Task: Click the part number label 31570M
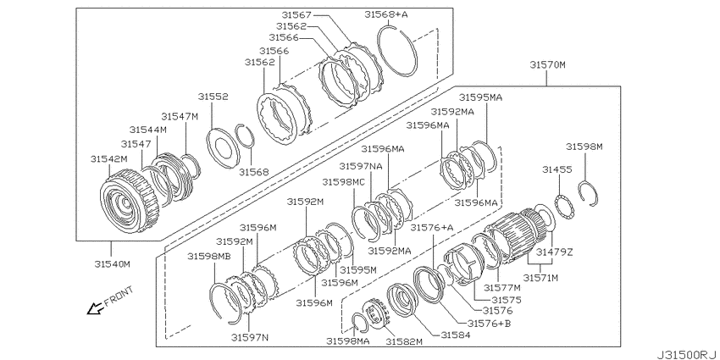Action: (547, 64)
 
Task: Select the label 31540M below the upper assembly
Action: (113, 264)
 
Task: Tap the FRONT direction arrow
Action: (95, 308)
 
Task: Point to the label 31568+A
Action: (386, 14)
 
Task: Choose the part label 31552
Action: (213, 97)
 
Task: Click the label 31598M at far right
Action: (584, 147)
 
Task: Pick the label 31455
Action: (557, 169)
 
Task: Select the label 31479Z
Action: (555, 252)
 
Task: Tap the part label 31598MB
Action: (209, 256)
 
